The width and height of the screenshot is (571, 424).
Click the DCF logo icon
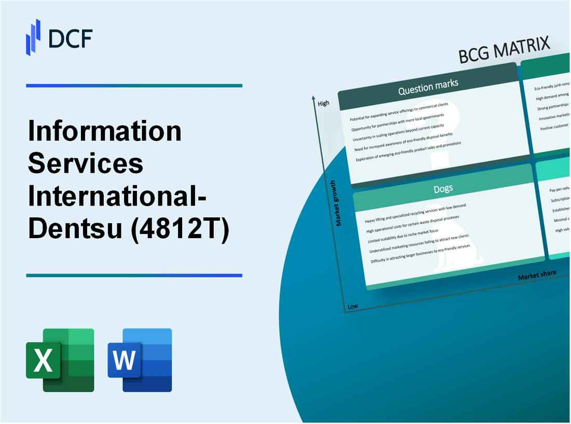pyautogui.click(x=33, y=37)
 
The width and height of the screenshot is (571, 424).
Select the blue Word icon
pyautogui.click(x=140, y=360)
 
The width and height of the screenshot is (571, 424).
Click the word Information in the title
pyautogui.click(x=105, y=132)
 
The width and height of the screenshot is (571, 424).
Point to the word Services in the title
pyautogui.click(x=85, y=164)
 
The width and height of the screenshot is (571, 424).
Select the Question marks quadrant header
pyautogui.click(x=428, y=89)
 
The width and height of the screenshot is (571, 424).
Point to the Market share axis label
pyautogui.click(x=537, y=275)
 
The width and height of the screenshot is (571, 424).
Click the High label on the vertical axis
pyautogui.click(x=323, y=103)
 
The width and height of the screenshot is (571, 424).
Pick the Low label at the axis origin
pyautogui.click(x=352, y=306)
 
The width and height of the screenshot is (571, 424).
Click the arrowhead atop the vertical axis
pyautogui.click(x=314, y=98)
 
